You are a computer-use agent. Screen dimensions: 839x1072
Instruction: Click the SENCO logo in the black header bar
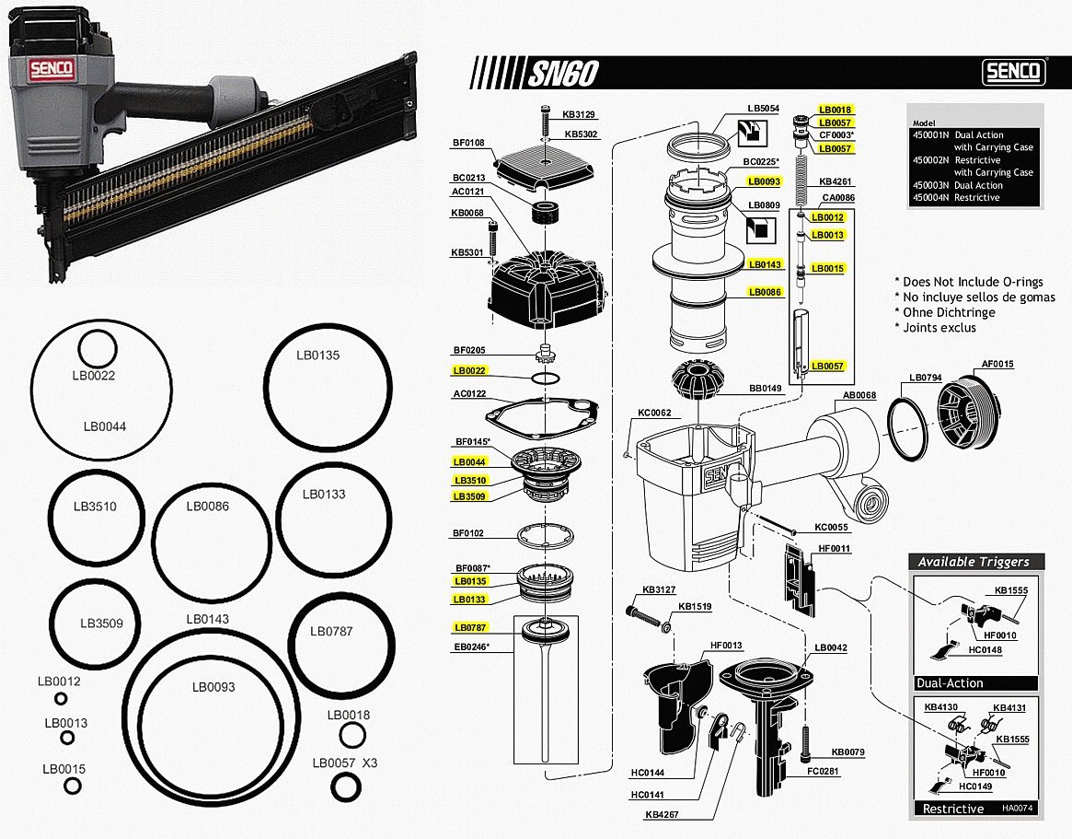[x=1013, y=71]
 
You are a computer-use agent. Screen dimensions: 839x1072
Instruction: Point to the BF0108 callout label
[x=468, y=143]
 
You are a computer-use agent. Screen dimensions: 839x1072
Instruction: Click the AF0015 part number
[x=997, y=364]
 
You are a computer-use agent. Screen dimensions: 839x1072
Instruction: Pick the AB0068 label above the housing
[x=859, y=396]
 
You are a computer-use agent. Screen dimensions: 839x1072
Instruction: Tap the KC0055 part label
[x=832, y=528]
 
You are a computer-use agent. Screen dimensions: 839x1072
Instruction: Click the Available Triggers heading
[x=973, y=562]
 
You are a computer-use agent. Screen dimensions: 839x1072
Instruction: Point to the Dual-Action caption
[x=950, y=683]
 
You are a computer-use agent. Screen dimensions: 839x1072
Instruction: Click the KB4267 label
[x=663, y=814]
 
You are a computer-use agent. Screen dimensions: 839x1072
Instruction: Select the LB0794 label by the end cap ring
[x=925, y=378]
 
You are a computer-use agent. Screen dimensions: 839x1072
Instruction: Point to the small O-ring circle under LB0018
[x=349, y=735]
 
